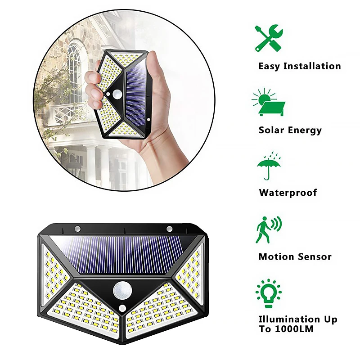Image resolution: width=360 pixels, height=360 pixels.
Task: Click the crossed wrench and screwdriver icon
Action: point(269,38)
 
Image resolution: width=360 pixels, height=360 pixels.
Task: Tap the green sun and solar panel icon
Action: point(268,102)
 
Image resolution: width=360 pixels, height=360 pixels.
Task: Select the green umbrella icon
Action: point(269,166)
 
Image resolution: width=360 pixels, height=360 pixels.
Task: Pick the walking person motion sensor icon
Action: point(269,229)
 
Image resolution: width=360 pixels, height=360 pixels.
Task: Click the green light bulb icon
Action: point(269,293)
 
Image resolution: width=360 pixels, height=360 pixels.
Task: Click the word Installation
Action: point(312,66)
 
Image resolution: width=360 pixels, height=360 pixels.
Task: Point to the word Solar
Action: point(271,130)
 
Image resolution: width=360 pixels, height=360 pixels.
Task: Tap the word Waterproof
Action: point(288,193)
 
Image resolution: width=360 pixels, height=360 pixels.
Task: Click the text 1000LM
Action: point(294,329)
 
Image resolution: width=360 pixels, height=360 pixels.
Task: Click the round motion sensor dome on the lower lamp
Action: point(122,291)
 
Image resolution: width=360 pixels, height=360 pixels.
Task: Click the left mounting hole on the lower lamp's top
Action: point(77,229)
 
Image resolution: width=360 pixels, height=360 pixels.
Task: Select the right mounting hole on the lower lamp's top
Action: point(170,229)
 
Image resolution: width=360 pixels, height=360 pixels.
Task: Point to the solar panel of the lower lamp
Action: point(123,255)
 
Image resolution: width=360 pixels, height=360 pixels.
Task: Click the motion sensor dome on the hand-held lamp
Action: point(117,94)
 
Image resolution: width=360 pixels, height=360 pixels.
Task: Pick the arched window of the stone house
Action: point(75,73)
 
